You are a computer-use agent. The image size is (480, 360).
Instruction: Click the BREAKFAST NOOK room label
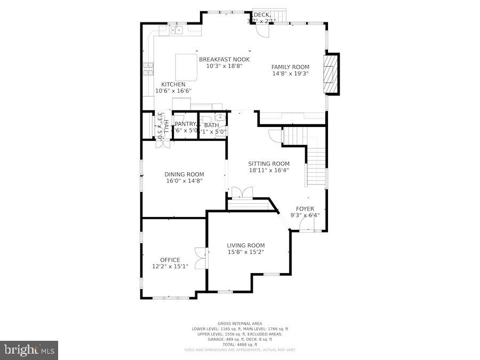224,59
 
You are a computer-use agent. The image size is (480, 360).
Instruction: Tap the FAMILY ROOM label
290,67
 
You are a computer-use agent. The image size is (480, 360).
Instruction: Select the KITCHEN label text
173,84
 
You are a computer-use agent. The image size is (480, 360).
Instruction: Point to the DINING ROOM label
184,174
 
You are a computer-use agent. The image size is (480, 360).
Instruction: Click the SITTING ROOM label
269,164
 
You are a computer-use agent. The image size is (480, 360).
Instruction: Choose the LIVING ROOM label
246,245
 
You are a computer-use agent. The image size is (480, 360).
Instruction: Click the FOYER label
305,209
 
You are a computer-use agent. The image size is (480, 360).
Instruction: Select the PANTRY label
186,124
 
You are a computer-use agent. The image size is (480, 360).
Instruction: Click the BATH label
211,125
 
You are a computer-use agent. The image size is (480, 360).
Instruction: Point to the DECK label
262,14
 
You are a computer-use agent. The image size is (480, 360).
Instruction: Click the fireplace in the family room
332,74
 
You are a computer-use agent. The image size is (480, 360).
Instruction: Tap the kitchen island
186,67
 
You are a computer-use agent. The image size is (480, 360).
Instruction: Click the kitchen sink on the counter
177,30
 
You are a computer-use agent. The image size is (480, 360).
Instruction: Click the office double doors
200,259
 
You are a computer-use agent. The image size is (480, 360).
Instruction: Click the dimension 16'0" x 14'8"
184,181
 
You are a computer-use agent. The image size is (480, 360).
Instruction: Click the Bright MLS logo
29,350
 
